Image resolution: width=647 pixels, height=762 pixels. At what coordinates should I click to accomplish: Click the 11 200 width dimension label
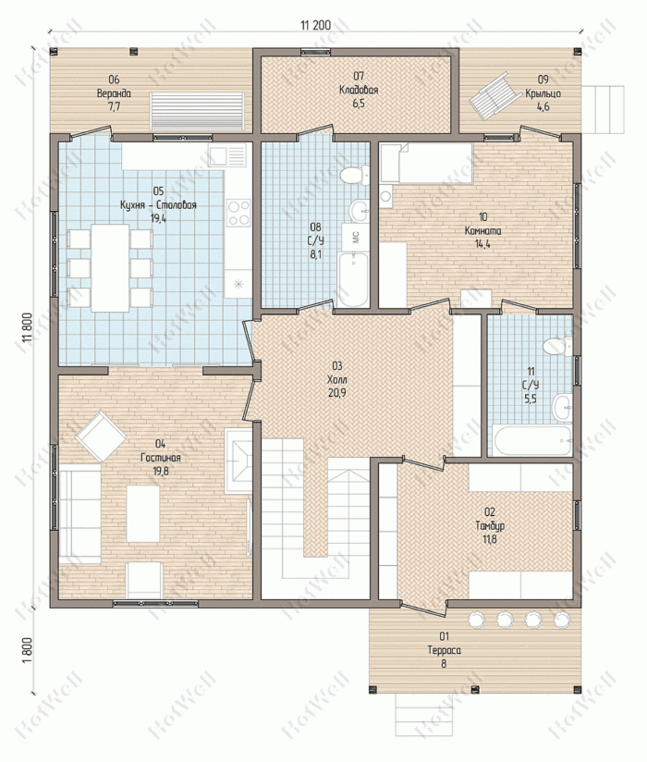pyautogui.click(x=316, y=25)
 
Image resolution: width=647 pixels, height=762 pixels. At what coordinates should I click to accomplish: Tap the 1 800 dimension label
pyautogui.click(x=28, y=650)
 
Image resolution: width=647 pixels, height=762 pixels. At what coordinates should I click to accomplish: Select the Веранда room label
pyautogui.click(x=114, y=93)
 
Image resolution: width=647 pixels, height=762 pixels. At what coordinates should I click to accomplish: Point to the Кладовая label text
pyautogui.click(x=359, y=90)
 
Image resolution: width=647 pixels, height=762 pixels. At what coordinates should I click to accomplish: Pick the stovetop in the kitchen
pyautogui.click(x=238, y=213)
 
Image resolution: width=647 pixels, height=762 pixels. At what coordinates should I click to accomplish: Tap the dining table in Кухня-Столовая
pyautogui.click(x=110, y=268)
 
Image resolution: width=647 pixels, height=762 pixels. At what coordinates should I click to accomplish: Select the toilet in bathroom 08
pyautogui.click(x=355, y=175)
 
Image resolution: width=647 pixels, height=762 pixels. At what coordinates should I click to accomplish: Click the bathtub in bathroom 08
pyautogui.click(x=353, y=279)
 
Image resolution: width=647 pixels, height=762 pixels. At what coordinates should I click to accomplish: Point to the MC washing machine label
pyautogui.click(x=355, y=237)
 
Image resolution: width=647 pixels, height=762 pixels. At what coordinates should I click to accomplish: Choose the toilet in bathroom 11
pyautogui.click(x=557, y=346)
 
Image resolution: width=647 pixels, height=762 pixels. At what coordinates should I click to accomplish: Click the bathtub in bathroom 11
pyautogui.click(x=533, y=440)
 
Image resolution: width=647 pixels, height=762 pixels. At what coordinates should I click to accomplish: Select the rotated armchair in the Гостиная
pyautogui.click(x=101, y=436)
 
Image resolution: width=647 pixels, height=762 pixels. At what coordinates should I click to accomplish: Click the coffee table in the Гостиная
pyautogui.click(x=143, y=513)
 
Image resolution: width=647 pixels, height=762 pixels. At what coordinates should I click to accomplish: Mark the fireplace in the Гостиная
pyautogui.click(x=238, y=461)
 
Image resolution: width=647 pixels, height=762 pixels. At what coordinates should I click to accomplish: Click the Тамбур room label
pyautogui.click(x=490, y=525)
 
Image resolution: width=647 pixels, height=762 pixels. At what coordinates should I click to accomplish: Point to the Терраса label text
pyautogui.click(x=444, y=650)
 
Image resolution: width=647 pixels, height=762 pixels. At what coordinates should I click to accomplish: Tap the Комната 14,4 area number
pyautogui.click(x=482, y=244)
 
